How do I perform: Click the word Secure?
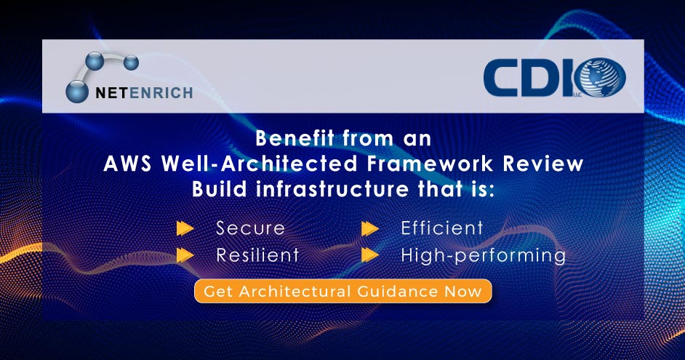(x=250, y=228)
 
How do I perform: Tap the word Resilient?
(x=257, y=255)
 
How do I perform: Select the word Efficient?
(x=442, y=228)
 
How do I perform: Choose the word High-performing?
(x=483, y=255)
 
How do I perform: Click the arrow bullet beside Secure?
(x=185, y=228)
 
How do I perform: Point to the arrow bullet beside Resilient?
(x=185, y=255)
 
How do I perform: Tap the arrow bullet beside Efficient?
(x=370, y=228)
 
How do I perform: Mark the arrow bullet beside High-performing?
(x=370, y=255)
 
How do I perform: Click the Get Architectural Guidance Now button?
(x=342, y=292)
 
